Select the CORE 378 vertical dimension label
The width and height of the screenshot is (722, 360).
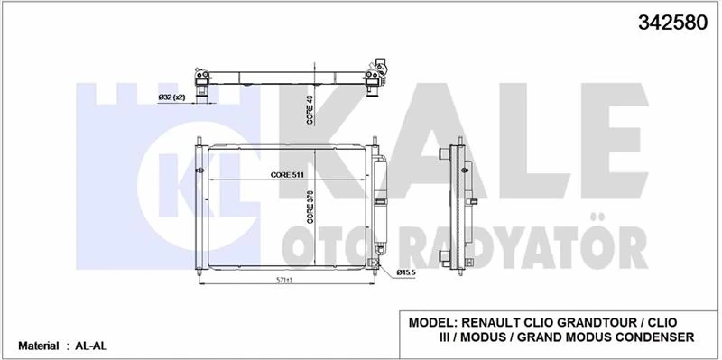309,206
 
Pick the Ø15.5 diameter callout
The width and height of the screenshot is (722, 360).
405,272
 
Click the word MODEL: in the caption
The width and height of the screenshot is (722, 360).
434,322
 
